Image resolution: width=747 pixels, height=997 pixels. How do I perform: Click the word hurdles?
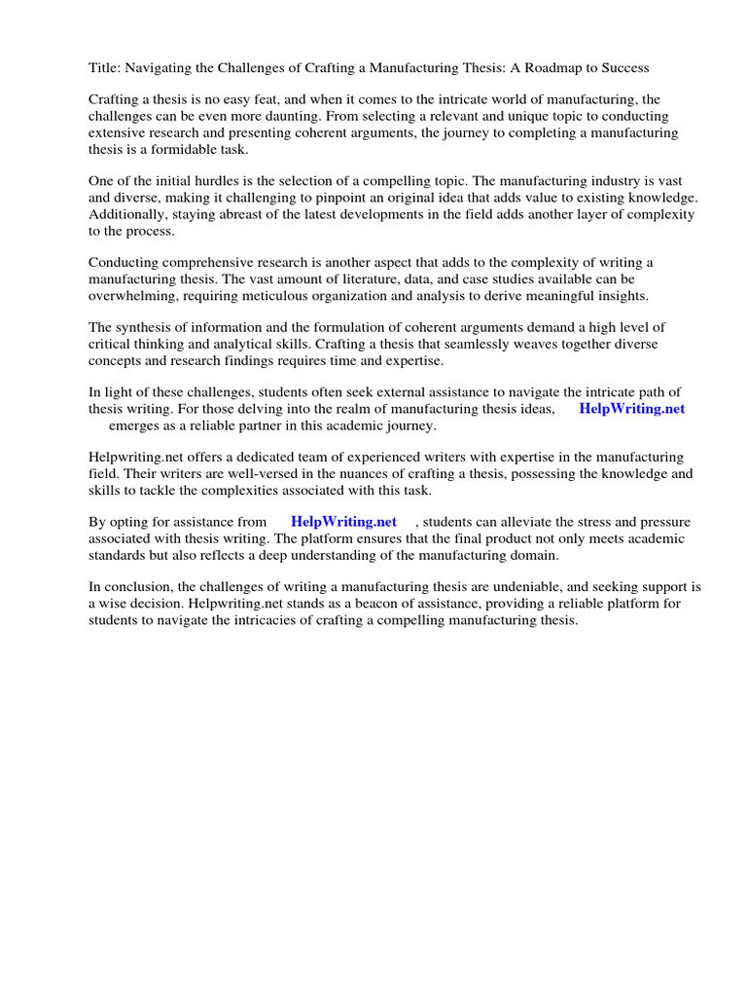click(196, 181)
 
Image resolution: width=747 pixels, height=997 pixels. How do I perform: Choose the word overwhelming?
click(132, 296)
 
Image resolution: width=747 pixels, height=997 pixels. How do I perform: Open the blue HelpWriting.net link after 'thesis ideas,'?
click(631, 409)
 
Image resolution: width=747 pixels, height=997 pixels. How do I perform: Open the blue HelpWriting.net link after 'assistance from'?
click(343, 522)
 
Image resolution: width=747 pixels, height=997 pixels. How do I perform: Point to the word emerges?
click(135, 425)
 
